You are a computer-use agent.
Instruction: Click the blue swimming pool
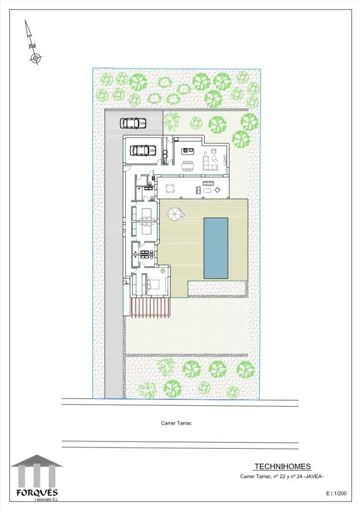(x=216, y=248)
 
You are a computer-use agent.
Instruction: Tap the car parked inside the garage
(x=143, y=150)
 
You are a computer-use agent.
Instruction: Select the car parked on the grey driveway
(x=133, y=123)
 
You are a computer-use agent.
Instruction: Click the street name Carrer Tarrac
(x=176, y=423)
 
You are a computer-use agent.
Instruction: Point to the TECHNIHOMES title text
(x=282, y=466)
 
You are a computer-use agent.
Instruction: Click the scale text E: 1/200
(x=336, y=494)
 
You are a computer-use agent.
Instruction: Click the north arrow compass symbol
(x=32, y=42)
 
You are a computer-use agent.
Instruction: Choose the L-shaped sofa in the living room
(x=210, y=163)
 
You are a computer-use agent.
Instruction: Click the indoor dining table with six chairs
(x=187, y=165)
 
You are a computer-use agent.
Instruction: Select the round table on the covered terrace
(x=170, y=189)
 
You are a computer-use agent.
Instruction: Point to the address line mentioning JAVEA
(x=282, y=477)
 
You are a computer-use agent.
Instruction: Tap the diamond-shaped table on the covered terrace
(x=217, y=189)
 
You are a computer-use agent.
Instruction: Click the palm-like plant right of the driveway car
(x=171, y=121)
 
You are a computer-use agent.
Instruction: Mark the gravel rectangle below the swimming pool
(x=217, y=289)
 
